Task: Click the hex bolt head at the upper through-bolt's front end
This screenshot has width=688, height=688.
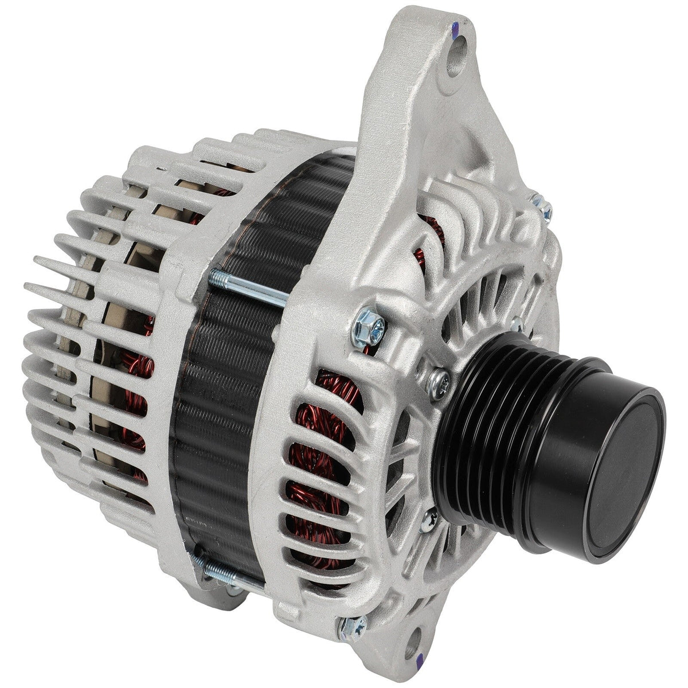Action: coord(365,326)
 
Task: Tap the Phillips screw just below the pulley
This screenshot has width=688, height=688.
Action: coord(429,522)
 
